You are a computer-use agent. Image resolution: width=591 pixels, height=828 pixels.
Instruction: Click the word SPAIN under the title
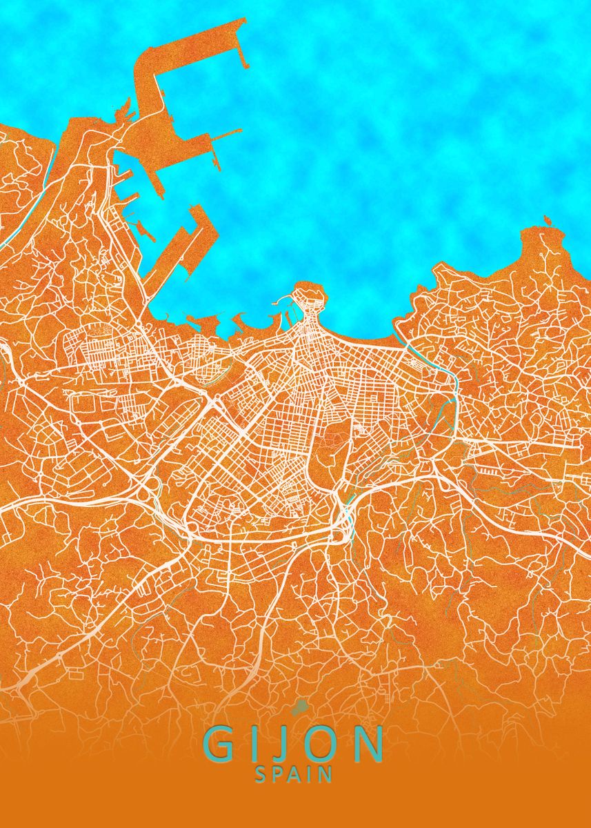coord(294,774)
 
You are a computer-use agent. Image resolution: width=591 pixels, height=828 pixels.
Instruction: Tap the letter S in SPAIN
coord(261,774)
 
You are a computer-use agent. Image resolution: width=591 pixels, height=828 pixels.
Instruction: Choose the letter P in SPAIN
coord(277,774)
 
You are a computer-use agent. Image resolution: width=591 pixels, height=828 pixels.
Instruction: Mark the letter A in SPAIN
coord(294,774)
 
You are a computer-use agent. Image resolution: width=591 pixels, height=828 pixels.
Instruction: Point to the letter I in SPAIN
coord(310,774)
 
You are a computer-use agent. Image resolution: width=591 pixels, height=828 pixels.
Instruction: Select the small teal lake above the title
coord(299,707)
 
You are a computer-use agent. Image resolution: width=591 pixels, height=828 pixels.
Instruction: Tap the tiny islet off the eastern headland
coord(548,221)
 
